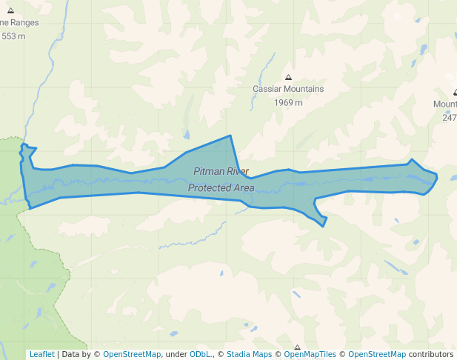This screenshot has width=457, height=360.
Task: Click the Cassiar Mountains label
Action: pos(288,89)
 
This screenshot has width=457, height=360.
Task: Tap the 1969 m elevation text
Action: pos(288,102)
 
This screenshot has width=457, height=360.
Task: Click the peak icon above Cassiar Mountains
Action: pos(288,77)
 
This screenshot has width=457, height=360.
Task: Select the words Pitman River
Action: pos(221,172)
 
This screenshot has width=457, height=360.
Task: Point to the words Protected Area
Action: pos(221,188)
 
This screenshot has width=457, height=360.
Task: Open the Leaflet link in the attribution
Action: pos(41,354)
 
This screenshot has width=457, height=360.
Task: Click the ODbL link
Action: pos(201,354)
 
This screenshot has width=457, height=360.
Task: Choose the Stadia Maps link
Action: pos(249,354)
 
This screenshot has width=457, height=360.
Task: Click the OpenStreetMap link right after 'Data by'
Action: pos(131,354)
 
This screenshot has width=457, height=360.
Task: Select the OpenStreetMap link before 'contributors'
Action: pos(377,354)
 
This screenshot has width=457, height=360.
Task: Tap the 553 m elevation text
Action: pos(13,36)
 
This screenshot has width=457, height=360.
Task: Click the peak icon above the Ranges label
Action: pos(10,10)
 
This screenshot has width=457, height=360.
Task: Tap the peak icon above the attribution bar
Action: pos(297,347)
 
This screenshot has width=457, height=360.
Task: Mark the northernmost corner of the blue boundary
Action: pos(231,136)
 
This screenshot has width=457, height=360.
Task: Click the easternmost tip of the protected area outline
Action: pos(437,176)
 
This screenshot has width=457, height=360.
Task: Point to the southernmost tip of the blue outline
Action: pos(323,226)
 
